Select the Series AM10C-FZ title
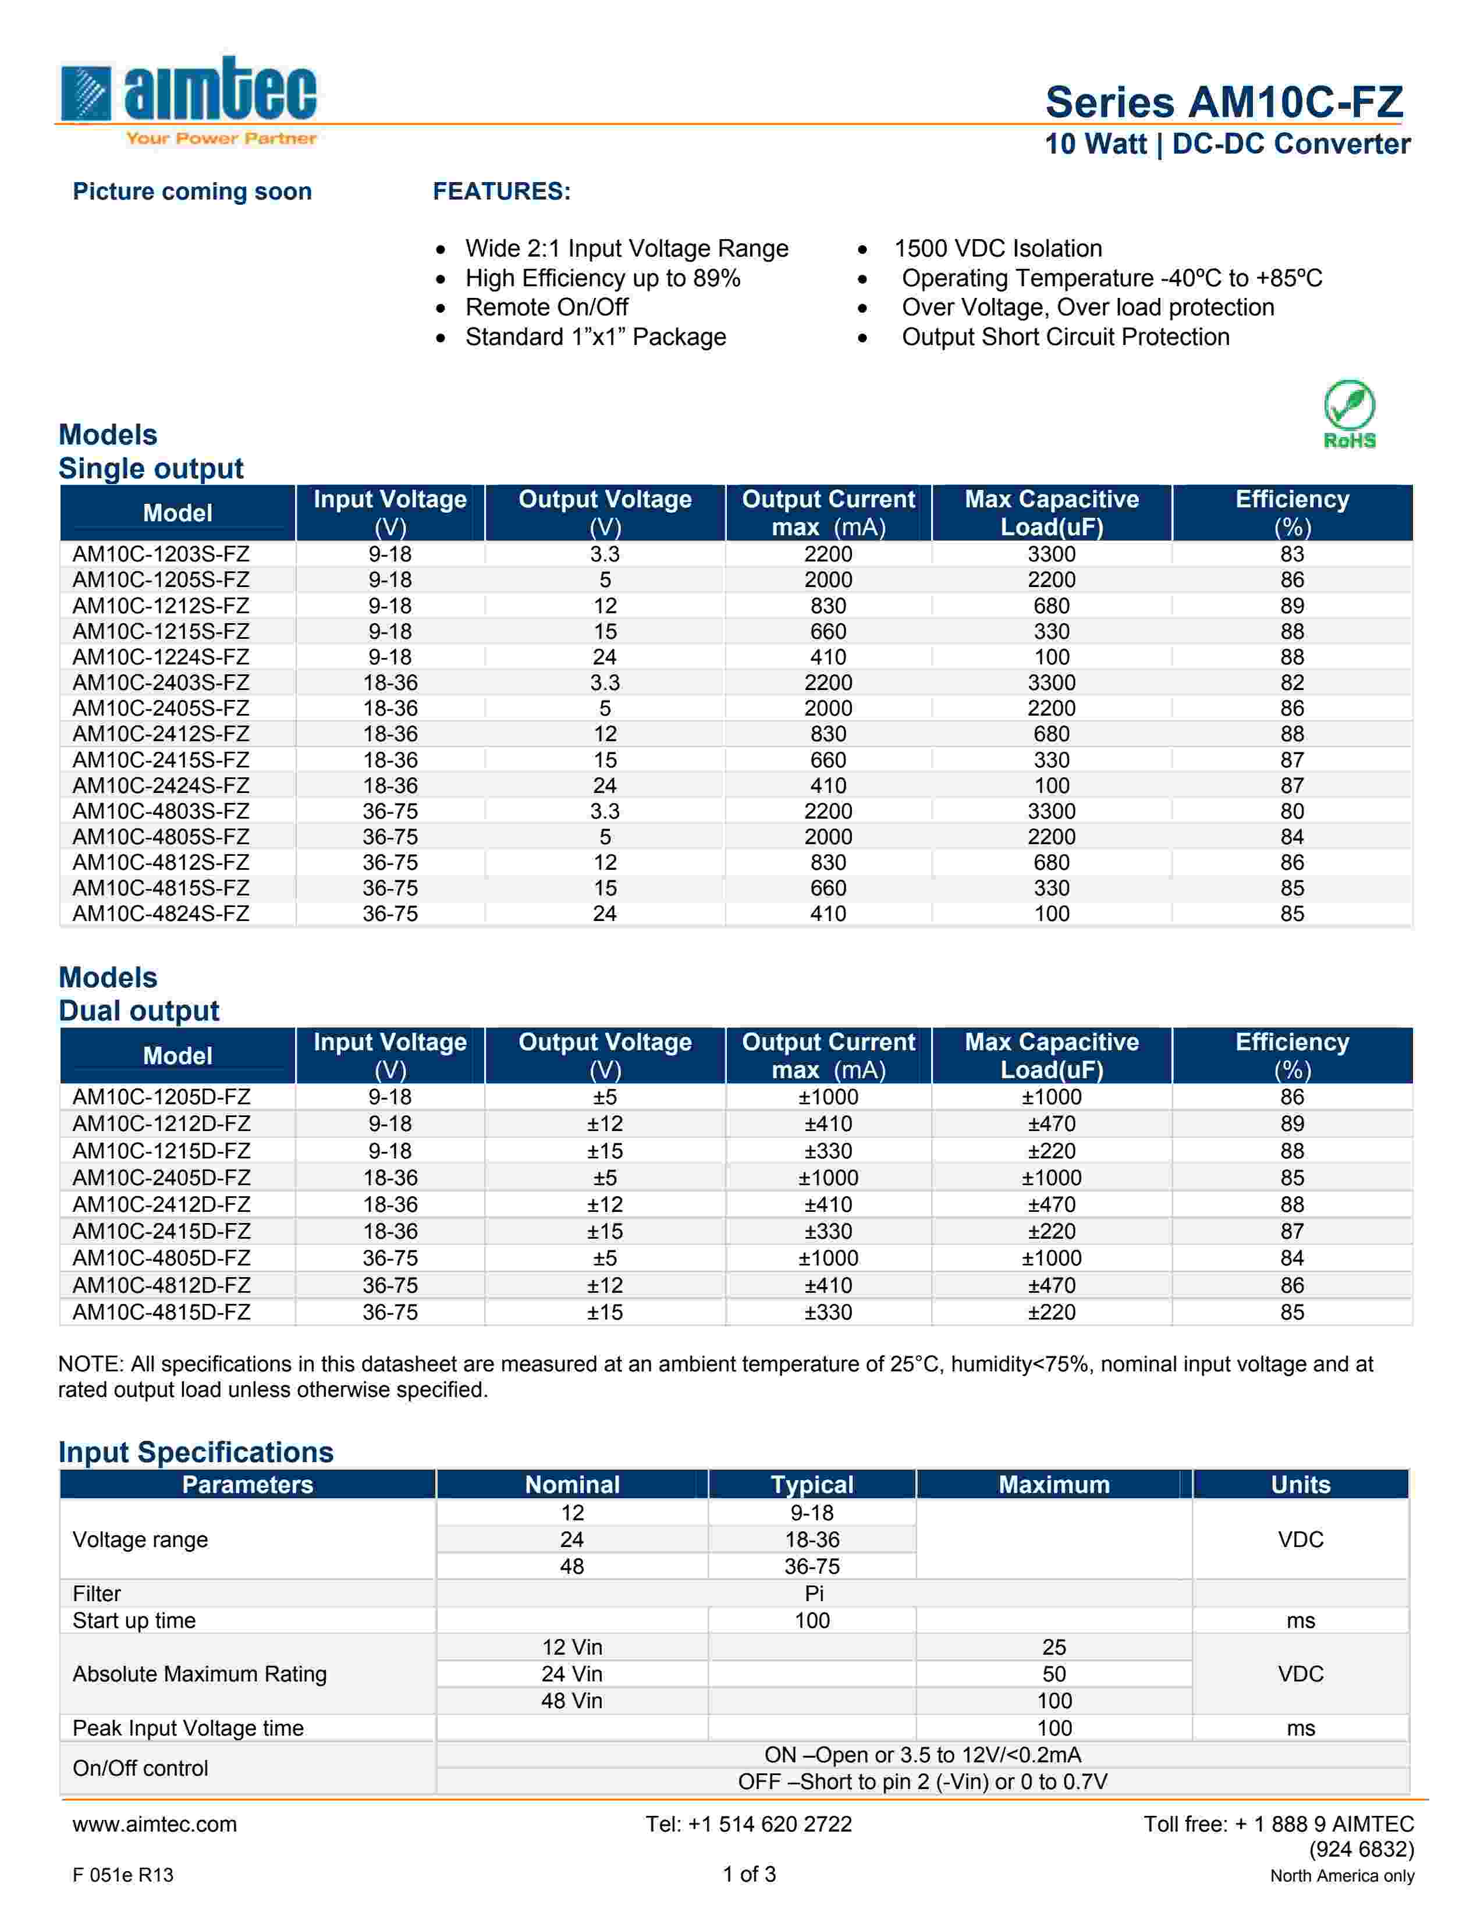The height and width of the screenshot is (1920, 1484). point(1224,102)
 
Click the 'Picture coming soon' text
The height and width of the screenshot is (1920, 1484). point(191,191)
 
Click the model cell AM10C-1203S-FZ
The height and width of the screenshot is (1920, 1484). point(161,554)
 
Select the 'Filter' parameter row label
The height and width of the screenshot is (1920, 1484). point(97,1594)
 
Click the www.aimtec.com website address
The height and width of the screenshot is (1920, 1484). point(155,1823)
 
